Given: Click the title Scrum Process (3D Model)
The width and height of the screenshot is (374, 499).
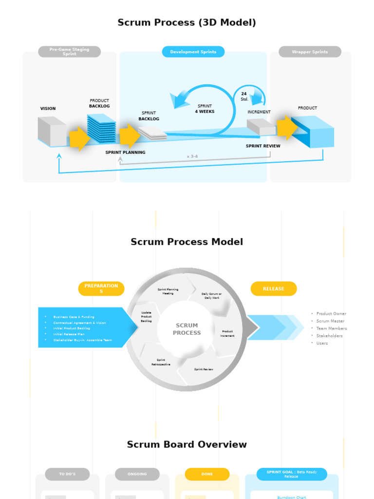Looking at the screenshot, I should tap(187, 22).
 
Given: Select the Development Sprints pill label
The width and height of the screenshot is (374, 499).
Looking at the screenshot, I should tap(193, 52).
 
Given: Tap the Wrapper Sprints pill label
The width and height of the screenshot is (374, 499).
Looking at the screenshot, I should tap(310, 52).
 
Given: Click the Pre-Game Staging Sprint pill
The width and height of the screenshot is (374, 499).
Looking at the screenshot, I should tap(70, 52).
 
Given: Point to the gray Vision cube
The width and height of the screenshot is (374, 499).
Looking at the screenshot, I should tap(52, 132).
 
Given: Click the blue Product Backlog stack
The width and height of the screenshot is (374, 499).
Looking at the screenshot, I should tap(101, 129).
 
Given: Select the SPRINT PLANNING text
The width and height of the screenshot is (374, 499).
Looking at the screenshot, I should tap(125, 153).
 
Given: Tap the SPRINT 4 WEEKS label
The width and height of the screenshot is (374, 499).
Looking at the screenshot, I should tap(205, 109).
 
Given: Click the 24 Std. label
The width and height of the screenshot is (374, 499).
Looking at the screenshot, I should tap(244, 96).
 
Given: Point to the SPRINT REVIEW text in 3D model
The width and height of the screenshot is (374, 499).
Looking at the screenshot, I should tap(263, 146).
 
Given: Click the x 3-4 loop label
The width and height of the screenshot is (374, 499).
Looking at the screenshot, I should tap(192, 156).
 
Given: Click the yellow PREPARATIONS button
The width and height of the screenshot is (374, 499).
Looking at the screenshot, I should tap(101, 288).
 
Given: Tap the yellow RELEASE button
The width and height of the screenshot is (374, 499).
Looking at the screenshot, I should tap(273, 289).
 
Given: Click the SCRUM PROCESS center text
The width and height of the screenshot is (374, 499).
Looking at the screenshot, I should tap(187, 329).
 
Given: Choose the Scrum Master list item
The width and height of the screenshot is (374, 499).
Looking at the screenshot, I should tap(330, 321).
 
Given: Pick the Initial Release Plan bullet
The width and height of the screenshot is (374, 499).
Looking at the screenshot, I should tap(69, 334).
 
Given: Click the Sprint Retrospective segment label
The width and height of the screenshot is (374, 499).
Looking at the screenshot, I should tap(161, 362).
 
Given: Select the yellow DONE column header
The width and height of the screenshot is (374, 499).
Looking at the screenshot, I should tap(207, 474).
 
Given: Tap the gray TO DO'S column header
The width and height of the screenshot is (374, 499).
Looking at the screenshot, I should tap(67, 474).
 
